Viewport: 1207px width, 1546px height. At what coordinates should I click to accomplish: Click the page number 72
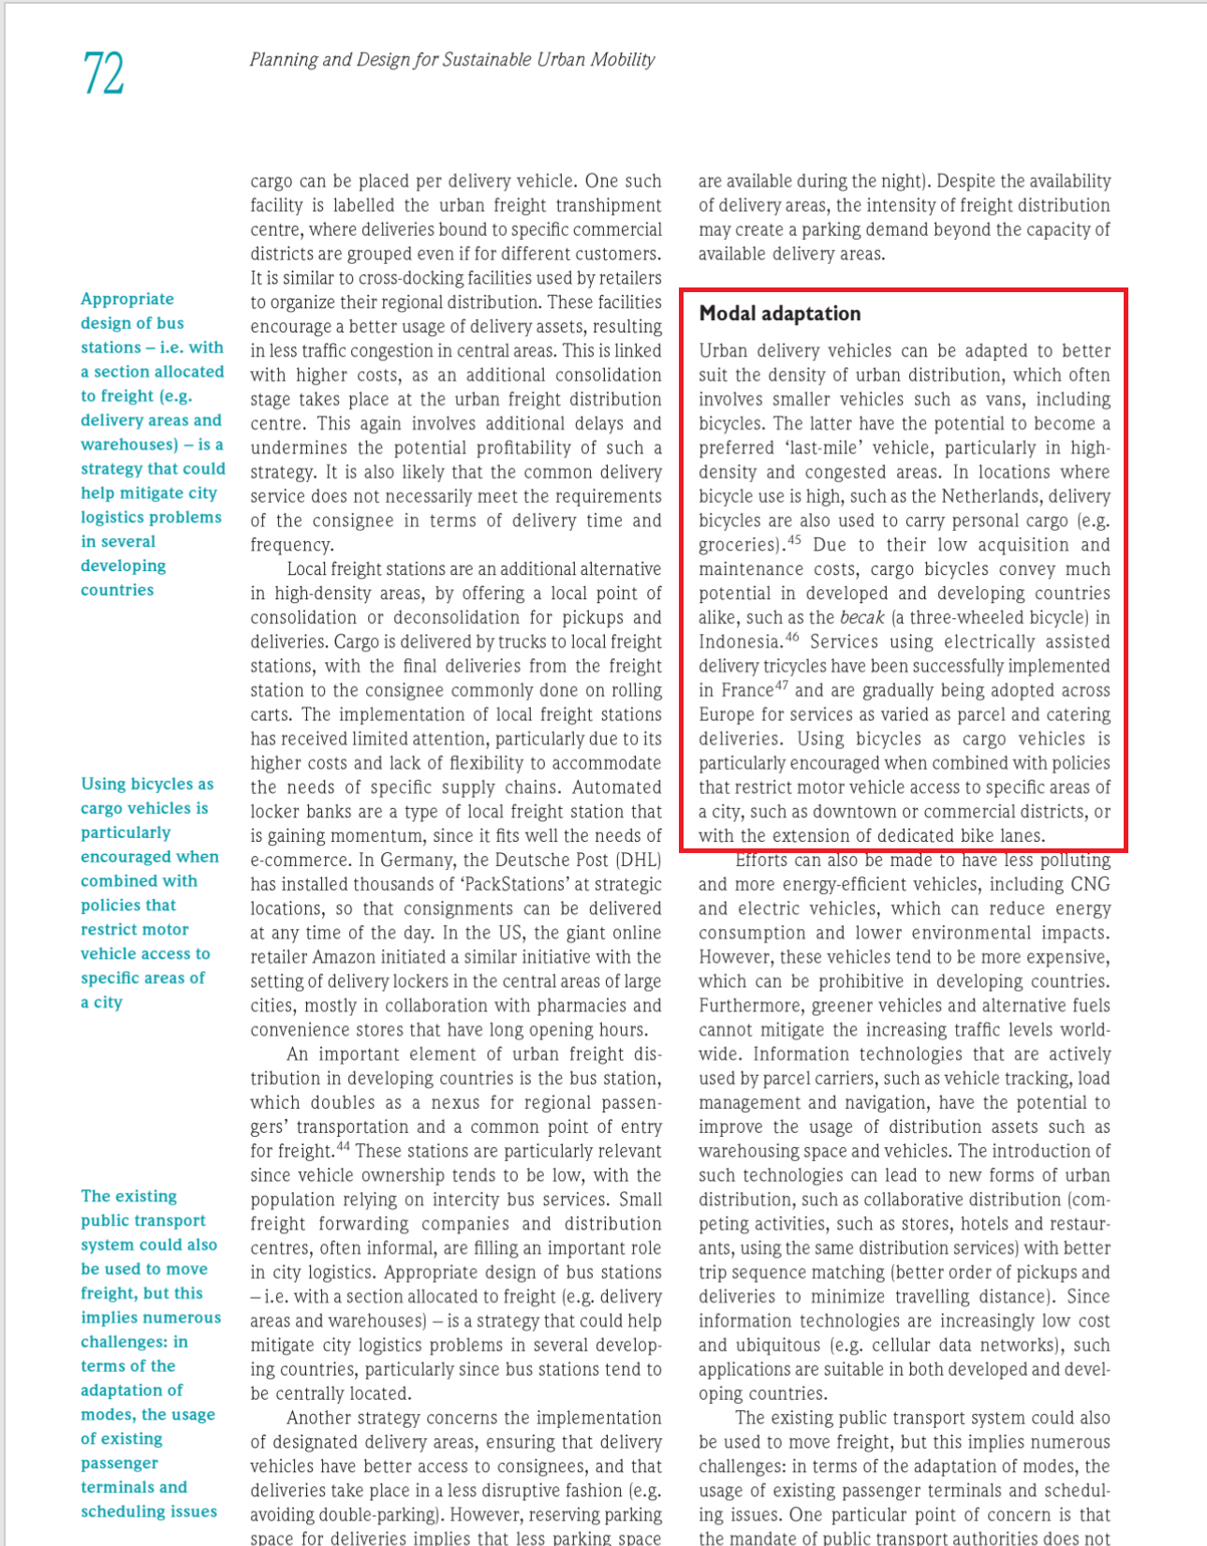click(103, 74)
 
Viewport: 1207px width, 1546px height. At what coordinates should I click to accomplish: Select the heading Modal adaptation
click(779, 314)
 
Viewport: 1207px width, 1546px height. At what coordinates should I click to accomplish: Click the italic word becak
click(861, 618)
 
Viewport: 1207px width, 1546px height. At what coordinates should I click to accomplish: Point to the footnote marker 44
click(343, 1147)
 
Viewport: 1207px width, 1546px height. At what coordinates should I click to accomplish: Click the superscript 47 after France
click(783, 686)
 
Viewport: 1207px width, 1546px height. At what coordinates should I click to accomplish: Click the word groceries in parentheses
click(737, 545)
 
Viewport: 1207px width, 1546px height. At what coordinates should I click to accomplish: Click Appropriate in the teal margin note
click(127, 299)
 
